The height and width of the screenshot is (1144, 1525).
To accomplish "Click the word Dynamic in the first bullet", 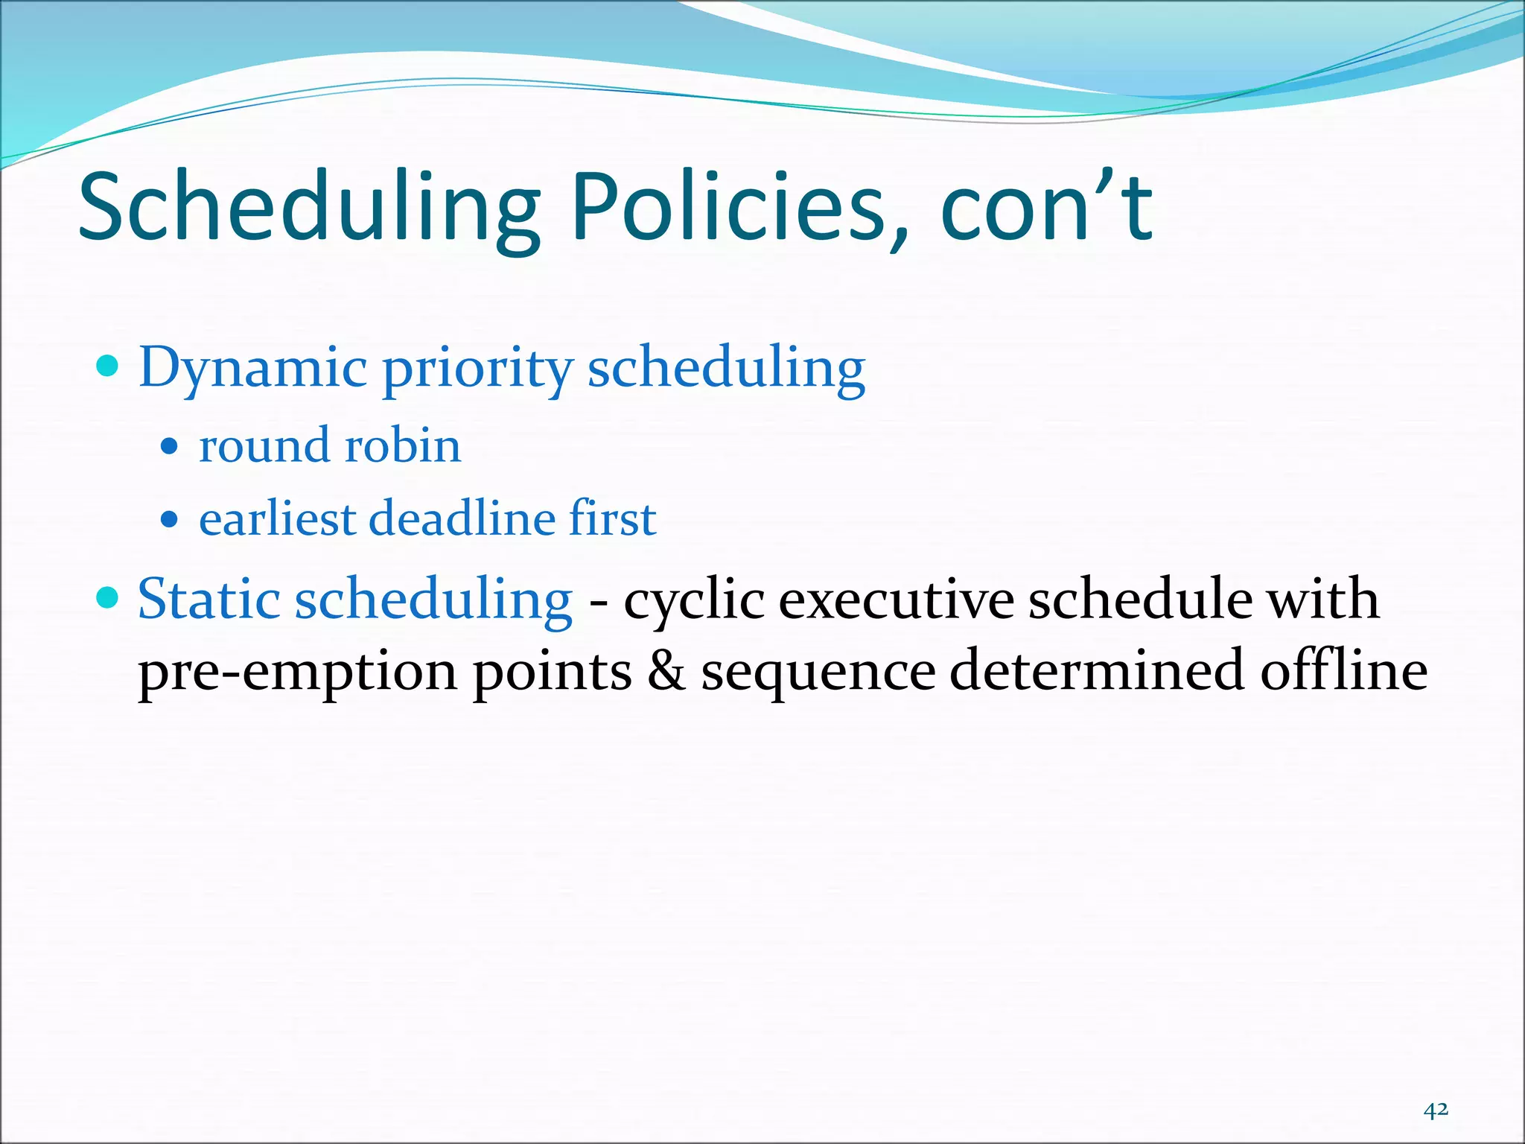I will [253, 368].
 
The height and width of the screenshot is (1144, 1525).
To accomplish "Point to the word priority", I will [477, 368].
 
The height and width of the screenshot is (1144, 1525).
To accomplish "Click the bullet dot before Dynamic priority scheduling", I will [109, 366].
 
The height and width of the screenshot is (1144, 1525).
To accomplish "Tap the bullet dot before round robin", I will [170, 446].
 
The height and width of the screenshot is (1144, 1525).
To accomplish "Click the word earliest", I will [277, 518].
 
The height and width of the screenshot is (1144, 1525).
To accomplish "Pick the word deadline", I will [462, 518].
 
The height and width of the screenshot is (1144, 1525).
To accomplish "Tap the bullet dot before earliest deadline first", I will [170, 519].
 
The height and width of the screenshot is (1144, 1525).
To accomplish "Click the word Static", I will [209, 599].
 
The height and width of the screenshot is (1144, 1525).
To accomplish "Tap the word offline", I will [1343, 670].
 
